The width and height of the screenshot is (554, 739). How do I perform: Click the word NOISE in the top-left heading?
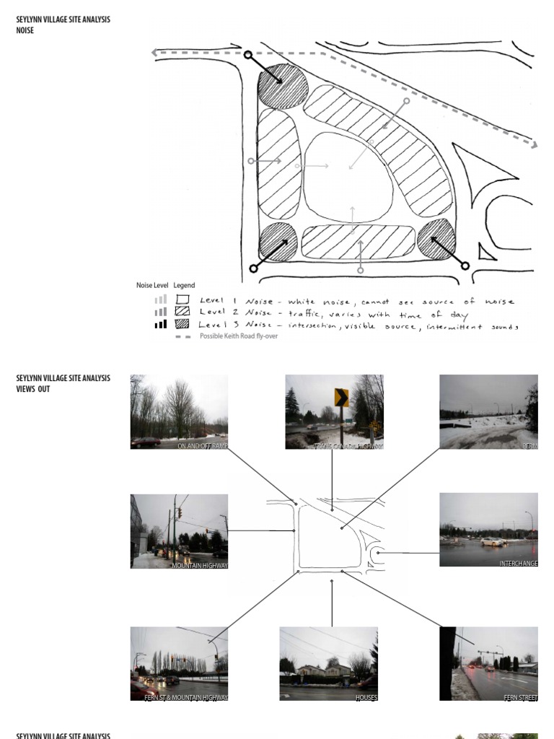pyautogui.click(x=25, y=31)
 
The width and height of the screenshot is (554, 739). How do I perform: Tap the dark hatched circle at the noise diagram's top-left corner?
pyautogui.click(x=283, y=87)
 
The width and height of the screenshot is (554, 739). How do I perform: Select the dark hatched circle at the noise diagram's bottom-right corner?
pyautogui.click(x=436, y=239)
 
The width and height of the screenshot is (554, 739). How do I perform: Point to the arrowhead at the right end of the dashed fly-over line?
pyautogui.click(x=535, y=145)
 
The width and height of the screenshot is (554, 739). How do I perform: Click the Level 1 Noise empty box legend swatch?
pyautogui.click(x=183, y=299)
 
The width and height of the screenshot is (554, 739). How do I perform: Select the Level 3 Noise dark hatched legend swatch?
pyautogui.click(x=183, y=324)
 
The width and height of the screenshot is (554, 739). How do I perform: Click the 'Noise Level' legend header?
pyautogui.click(x=152, y=286)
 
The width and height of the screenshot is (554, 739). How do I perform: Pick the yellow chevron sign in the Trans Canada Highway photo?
pyautogui.click(x=341, y=398)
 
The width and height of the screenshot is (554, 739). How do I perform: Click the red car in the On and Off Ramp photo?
pyautogui.click(x=146, y=442)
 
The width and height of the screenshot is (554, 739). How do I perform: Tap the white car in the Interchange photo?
pyautogui.click(x=493, y=541)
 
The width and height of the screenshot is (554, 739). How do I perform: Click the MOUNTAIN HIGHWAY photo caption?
pyautogui.click(x=199, y=566)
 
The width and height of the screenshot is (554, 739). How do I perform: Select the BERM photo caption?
pyautogui.click(x=529, y=446)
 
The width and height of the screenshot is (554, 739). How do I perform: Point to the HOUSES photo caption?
pyautogui.click(x=366, y=698)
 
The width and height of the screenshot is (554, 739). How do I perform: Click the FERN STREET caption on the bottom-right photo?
pyautogui.click(x=520, y=698)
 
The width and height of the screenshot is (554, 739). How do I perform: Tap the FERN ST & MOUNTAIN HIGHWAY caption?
pyautogui.click(x=186, y=698)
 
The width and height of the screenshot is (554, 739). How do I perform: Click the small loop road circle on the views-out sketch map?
pyautogui.click(x=379, y=554)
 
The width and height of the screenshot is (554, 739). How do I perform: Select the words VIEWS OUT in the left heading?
pyautogui.click(x=33, y=389)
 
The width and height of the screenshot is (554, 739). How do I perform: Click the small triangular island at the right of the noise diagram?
pyautogui.click(x=488, y=253)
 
